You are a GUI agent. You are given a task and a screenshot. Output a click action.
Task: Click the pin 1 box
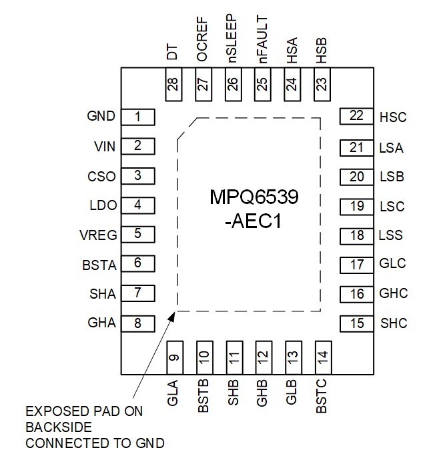pyautogui.click(x=137, y=117)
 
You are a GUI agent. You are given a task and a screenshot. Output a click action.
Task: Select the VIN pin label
pyautogui.click(x=103, y=146)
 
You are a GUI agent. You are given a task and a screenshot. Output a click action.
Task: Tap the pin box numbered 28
pyautogui.click(x=173, y=85)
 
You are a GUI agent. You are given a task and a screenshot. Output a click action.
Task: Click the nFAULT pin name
pyautogui.click(x=262, y=39)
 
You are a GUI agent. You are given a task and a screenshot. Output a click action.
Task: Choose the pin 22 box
pyautogui.click(x=356, y=116)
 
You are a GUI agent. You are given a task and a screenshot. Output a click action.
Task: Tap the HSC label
pyautogui.click(x=393, y=118)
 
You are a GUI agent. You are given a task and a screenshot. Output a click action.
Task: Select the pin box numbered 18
pyautogui.click(x=356, y=235)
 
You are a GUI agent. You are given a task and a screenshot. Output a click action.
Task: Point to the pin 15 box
pyautogui.click(x=356, y=323)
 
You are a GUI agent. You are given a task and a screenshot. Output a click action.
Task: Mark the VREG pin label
pyautogui.click(x=98, y=235)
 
